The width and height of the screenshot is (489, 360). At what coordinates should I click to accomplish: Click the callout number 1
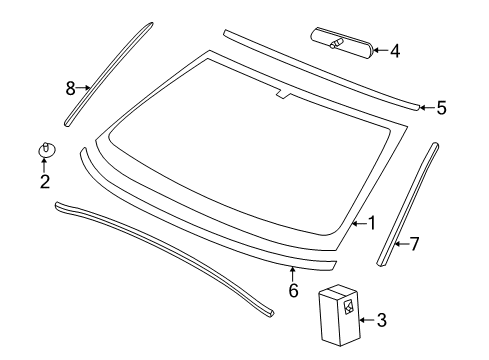coord(372,223)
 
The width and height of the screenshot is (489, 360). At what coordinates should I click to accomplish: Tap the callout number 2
coord(45,182)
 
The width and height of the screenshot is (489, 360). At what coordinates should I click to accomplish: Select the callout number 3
coord(382,320)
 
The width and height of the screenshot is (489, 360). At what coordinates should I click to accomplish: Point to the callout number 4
coord(395,51)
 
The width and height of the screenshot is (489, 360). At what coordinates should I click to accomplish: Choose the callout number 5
coord(441,108)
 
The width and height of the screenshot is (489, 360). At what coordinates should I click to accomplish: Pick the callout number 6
coord(293,290)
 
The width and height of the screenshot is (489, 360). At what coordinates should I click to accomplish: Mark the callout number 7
coord(414,244)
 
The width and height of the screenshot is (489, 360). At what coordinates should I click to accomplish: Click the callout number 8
coord(70,88)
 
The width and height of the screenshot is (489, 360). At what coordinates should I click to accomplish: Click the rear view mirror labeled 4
coord(342,44)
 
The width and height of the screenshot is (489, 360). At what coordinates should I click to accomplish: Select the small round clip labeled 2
coord(46,150)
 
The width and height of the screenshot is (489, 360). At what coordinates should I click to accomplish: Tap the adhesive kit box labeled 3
coord(339,315)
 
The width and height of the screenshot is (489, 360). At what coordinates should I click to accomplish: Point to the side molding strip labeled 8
coord(108,74)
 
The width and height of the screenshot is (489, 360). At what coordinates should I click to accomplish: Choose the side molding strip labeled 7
coord(408,204)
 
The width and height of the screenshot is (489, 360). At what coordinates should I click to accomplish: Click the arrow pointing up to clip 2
coord(44,165)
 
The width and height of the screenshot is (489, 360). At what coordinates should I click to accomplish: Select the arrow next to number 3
coord(367,320)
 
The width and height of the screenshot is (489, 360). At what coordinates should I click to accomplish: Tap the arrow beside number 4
coord(380,50)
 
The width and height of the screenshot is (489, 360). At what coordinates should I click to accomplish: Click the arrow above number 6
coord(293,274)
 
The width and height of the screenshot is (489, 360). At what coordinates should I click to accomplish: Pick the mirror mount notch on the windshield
coord(283,95)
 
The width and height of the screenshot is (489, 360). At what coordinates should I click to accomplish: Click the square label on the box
coord(348,306)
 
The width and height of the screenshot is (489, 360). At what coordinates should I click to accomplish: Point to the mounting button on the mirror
coord(337,43)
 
